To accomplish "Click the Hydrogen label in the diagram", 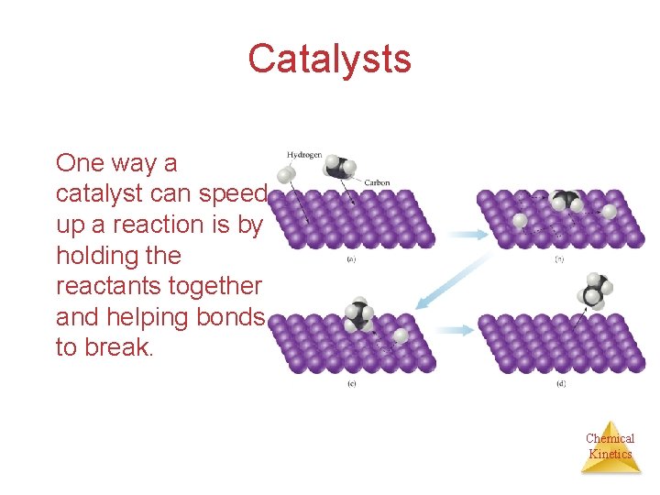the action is click(x=303, y=155).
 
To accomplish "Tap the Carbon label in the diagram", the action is click(x=377, y=182).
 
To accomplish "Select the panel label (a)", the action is click(x=351, y=259).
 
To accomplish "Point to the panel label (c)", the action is click(x=351, y=382).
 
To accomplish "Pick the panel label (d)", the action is click(x=560, y=382).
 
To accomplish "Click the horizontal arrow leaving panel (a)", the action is click(x=468, y=235).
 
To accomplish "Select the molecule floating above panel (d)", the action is click(x=594, y=291).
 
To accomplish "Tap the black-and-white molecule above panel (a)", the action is click(x=338, y=167).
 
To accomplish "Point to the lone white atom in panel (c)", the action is click(x=401, y=336).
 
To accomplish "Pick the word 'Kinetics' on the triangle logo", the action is click(x=610, y=454).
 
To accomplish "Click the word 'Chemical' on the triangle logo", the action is click(x=610, y=438).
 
